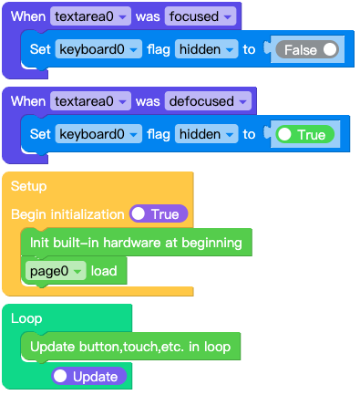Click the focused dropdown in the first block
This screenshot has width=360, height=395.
201,16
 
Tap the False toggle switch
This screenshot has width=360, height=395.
307,50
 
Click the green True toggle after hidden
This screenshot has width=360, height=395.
302,134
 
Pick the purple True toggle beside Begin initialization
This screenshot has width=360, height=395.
159,214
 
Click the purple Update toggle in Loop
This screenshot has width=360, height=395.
85,376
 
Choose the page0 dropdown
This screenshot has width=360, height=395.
54,271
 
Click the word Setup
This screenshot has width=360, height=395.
28,186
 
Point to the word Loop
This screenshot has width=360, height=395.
26,319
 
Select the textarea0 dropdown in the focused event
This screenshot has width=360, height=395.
90,16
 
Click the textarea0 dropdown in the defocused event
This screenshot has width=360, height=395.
90,101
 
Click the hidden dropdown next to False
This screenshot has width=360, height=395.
206,49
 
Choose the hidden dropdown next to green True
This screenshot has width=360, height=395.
206,134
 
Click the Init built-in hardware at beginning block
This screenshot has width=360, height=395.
135,243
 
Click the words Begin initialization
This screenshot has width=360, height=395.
67,214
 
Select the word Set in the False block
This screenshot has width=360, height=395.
40,49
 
